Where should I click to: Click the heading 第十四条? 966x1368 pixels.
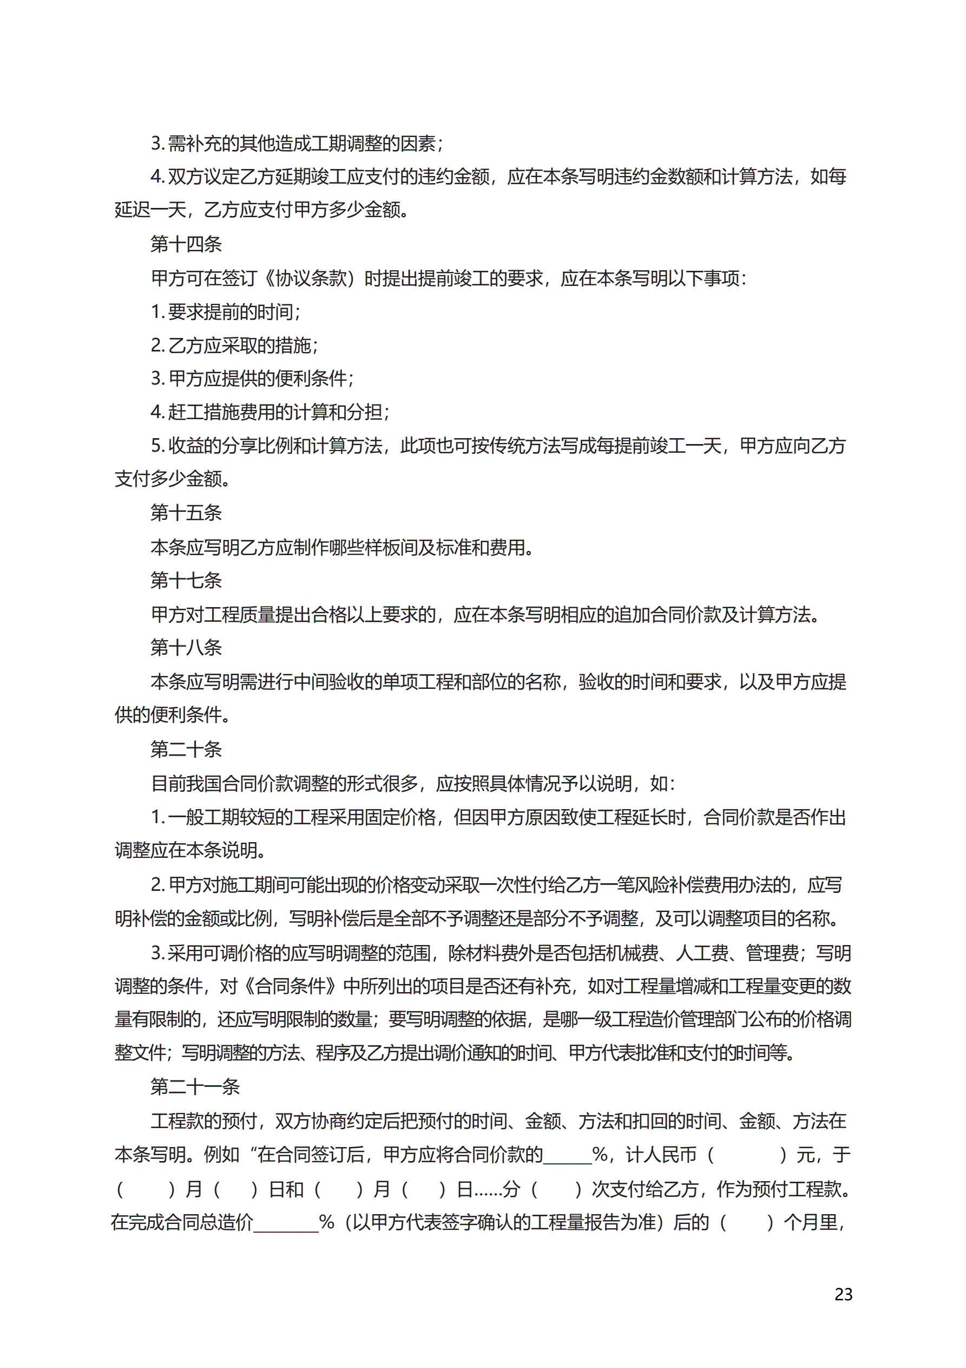tap(186, 244)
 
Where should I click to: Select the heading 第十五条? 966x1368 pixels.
tap(186, 512)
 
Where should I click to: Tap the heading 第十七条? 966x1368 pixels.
tap(186, 579)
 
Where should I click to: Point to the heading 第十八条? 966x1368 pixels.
tap(186, 647)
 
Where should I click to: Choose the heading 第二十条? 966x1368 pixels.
tap(186, 749)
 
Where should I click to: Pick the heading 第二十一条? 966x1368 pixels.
tap(195, 1087)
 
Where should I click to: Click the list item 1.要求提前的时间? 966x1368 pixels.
tap(226, 311)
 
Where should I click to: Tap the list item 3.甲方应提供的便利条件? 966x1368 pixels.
tap(253, 379)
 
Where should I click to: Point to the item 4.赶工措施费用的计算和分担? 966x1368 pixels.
tap(271, 412)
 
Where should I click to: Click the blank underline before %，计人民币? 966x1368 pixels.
tap(567, 1155)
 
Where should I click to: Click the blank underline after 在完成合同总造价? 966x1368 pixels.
tap(286, 1223)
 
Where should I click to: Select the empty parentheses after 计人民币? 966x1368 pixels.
tap(746, 1155)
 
